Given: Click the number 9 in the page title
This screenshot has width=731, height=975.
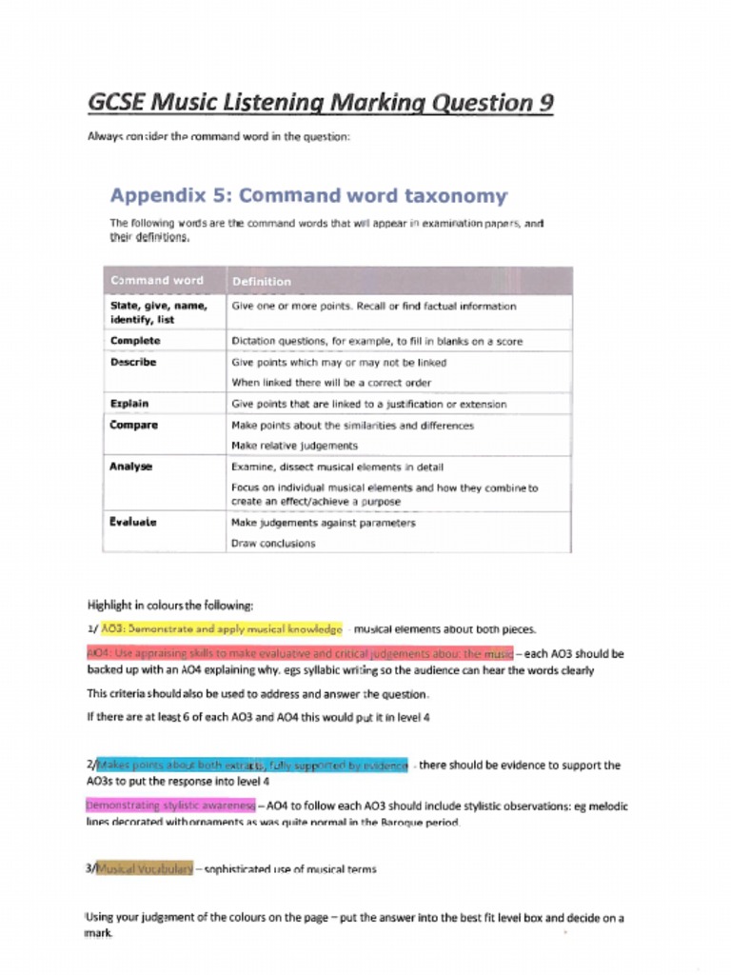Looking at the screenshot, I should pyautogui.click(x=543, y=102).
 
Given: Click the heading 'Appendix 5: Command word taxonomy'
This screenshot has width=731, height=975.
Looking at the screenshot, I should pyautogui.click(x=308, y=196).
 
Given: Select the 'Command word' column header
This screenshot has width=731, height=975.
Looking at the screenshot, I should pyautogui.click(x=157, y=281).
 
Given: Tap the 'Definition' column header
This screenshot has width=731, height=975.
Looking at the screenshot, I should pyautogui.click(x=262, y=282).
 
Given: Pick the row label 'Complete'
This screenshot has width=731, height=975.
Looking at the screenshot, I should pyautogui.click(x=135, y=341).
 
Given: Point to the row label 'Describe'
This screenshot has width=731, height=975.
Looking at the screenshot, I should pyautogui.click(x=133, y=363).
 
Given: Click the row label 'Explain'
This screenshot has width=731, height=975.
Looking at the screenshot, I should pyautogui.click(x=129, y=404).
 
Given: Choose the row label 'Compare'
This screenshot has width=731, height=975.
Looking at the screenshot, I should pyautogui.click(x=133, y=426).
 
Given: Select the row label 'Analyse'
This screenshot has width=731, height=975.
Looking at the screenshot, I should pyautogui.click(x=131, y=468).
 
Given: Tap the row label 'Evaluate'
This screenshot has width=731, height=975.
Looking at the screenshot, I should pyautogui.click(x=133, y=523).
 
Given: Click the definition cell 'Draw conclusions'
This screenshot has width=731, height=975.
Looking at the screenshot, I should pyautogui.click(x=273, y=544).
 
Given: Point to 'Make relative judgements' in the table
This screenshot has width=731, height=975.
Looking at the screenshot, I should pyautogui.click(x=295, y=446).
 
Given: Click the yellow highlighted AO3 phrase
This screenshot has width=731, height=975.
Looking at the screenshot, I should pyautogui.click(x=221, y=629).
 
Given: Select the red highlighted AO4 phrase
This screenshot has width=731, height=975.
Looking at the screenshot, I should pyautogui.click(x=300, y=653).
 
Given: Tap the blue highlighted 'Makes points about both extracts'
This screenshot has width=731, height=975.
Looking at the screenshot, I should pyautogui.click(x=252, y=765).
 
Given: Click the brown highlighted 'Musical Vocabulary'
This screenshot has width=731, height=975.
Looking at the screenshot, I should pyautogui.click(x=146, y=868).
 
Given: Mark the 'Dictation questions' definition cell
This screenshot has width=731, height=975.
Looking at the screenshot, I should pyautogui.click(x=377, y=341).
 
